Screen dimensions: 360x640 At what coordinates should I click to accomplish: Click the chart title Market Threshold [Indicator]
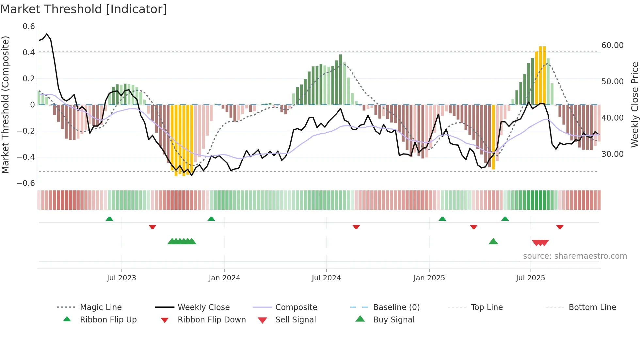(x=84, y=9)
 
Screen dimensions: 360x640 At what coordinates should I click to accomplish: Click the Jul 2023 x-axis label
(x=121, y=278)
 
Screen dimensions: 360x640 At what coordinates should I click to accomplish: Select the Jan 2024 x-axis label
(x=224, y=278)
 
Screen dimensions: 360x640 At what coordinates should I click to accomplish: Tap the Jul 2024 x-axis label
(x=326, y=278)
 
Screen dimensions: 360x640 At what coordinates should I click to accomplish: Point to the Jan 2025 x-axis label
(x=429, y=278)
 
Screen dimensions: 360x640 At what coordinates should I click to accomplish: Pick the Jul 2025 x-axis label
(x=531, y=278)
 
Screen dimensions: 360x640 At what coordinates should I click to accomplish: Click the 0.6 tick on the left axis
(x=29, y=26)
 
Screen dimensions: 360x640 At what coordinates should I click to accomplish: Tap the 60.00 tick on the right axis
(x=613, y=45)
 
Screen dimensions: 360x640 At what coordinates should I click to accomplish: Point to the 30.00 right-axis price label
(x=613, y=154)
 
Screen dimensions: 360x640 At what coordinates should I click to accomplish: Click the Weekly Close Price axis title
(x=634, y=105)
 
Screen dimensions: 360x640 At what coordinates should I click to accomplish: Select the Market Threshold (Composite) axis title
(x=5, y=105)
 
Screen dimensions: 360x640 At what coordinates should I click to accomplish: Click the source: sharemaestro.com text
(x=575, y=256)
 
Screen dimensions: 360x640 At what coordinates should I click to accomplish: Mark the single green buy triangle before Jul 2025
(x=493, y=241)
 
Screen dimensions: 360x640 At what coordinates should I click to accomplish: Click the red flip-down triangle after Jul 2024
(x=356, y=227)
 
